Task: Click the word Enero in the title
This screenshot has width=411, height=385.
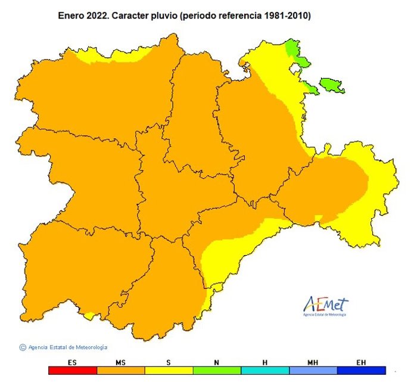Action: coord(71,15)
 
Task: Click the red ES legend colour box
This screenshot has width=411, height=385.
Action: coord(72,370)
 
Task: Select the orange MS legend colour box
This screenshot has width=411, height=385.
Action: coord(120,370)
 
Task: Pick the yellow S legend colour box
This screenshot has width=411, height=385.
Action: coord(169,370)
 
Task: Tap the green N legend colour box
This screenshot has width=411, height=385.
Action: coord(217,370)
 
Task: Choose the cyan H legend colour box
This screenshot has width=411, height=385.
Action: coord(265,370)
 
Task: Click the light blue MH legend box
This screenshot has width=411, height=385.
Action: coord(313,370)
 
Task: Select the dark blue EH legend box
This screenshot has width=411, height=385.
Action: coord(362,370)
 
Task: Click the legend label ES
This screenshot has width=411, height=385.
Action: coord(72,362)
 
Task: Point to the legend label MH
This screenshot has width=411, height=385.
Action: coord(313,362)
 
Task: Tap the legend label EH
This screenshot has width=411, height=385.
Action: coord(362,362)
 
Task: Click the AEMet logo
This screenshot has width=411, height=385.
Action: coord(325,306)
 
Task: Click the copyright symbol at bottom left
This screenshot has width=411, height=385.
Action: coord(23,347)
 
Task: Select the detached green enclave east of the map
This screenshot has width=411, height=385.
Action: coord(332,85)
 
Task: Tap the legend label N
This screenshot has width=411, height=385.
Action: coord(217,362)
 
